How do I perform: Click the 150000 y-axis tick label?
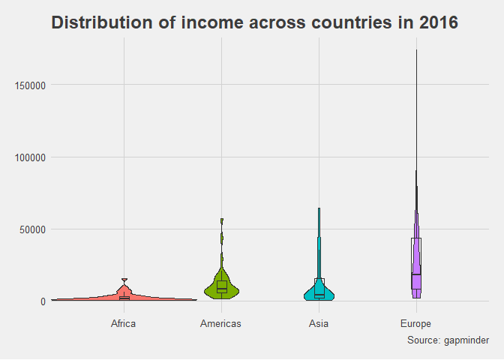[x=30, y=85]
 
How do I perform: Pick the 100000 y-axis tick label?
[x=30, y=157]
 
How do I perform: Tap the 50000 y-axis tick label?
[x=32, y=230]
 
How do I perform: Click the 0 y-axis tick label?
[x=43, y=302]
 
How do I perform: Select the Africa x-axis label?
[x=124, y=323]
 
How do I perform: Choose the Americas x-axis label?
[x=220, y=323]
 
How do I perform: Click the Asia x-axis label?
[x=319, y=323]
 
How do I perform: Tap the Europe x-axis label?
[x=416, y=324]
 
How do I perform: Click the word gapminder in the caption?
[x=466, y=340]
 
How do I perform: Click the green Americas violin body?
[x=221, y=286]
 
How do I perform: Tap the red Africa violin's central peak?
[x=124, y=279]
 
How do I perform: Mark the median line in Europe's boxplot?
[x=416, y=274]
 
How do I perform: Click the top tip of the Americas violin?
[x=222, y=218]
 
